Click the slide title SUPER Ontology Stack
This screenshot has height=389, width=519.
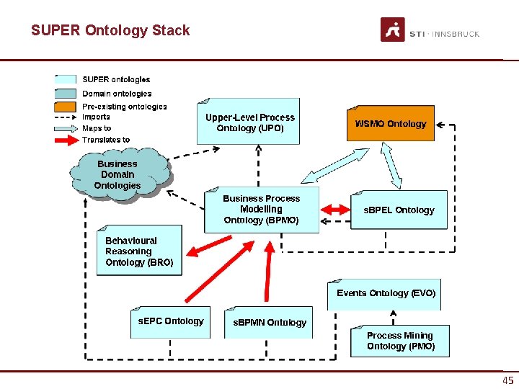coord(110,30)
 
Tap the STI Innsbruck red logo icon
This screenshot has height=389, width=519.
coord(392,30)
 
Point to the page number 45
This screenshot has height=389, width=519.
coord(507,381)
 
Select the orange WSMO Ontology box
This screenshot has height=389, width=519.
coord(390,124)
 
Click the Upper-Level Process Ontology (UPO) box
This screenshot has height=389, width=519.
coord(249,122)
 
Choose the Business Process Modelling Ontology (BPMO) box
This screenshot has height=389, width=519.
coord(261,209)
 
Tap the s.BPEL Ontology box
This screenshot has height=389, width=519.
coord(399,210)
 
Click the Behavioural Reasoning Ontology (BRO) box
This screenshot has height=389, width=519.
coord(139,251)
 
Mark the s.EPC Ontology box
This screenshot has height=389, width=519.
coord(171,321)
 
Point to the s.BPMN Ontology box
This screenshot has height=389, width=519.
coord(269,323)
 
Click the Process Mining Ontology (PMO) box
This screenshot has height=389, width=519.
coord(400,341)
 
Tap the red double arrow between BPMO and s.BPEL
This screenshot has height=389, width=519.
coord(334,209)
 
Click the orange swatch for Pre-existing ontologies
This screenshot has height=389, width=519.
coord(65,107)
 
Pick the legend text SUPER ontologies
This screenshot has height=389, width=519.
coord(116,79)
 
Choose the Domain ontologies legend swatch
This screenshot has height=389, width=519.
coord(65,93)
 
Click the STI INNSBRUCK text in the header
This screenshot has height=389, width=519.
coord(444,34)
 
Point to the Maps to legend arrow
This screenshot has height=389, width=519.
coord(65,128)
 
